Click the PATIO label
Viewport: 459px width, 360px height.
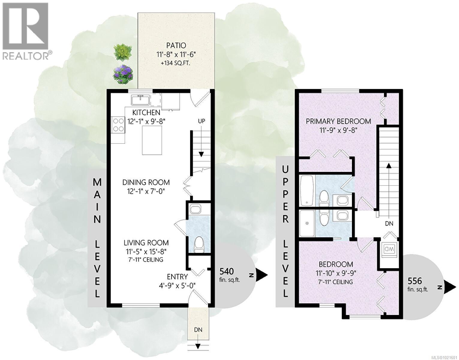[x=176, y=46]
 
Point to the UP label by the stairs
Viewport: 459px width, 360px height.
[x=201, y=121]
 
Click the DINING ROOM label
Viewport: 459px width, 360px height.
[x=146, y=182]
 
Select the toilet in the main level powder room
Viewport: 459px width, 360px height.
[x=199, y=244]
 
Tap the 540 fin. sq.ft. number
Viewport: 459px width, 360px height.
[x=226, y=271]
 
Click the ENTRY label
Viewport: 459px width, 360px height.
[x=177, y=277]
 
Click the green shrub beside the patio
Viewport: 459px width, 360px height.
[x=123, y=52]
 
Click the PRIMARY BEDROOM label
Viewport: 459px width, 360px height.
[x=338, y=121]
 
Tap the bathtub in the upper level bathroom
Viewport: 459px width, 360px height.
[x=307, y=191]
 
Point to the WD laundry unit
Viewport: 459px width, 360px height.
[x=389, y=249]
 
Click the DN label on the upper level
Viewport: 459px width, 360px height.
[x=389, y=223]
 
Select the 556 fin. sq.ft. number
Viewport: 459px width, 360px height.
[x=415, y=281]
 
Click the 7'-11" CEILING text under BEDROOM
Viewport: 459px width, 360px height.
[x=335, y=282]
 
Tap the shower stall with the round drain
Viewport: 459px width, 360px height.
[x=307, y=223]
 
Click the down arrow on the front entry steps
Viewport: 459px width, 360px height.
[x=198, y=346]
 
